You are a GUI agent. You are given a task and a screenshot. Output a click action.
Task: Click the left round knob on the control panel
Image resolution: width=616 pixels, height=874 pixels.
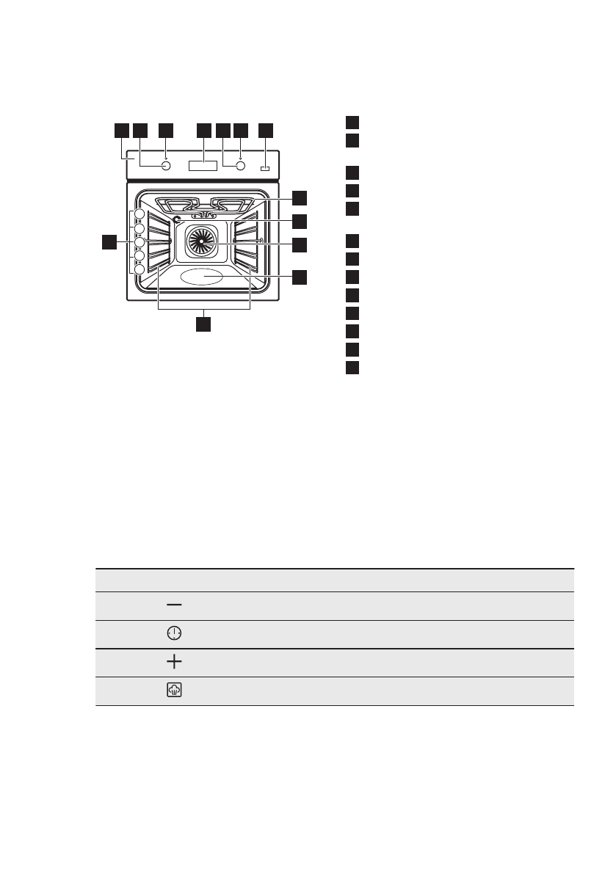[165, 167]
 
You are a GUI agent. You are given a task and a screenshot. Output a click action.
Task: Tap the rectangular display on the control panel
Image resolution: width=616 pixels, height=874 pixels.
[203, 167]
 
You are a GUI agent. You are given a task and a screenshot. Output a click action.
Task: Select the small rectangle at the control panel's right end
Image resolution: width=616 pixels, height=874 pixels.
[264, 170]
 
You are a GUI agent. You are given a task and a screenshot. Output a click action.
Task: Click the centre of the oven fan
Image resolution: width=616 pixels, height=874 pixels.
[200, 240]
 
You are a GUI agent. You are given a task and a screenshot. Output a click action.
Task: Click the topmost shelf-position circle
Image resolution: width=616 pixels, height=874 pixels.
[139, 216]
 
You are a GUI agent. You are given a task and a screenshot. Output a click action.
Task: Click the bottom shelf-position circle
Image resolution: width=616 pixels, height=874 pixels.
[139, 269]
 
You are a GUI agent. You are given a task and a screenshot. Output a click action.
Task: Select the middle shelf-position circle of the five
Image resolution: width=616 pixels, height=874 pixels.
[139, 242]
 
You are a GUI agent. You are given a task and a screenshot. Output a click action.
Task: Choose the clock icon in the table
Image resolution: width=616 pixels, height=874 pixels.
[174, 633]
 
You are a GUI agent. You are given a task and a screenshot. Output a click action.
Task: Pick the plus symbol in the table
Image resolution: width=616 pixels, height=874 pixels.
[174, 662]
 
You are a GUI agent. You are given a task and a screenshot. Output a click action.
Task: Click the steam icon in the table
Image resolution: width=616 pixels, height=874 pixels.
[174, 691]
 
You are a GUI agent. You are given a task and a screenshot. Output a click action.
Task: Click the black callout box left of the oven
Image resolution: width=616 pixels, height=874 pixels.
[109, 242]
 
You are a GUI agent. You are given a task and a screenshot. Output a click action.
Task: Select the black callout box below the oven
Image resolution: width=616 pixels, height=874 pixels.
[204, 323]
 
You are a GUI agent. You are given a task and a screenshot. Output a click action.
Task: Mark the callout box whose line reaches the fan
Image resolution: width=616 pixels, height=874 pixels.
[299, 244]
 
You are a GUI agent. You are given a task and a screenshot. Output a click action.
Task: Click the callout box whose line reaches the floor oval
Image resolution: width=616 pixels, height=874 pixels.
[299, 277]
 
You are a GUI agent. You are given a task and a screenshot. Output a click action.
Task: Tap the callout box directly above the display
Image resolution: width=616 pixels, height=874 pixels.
[203, 130]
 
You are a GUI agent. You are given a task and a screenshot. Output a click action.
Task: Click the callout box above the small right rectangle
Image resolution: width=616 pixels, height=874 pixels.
[266, 130]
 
